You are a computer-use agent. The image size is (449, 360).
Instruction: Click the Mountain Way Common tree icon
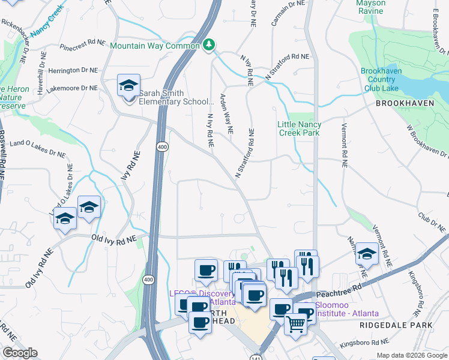[x=209, y=44]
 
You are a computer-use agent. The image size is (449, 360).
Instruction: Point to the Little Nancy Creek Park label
[x=299, y=128]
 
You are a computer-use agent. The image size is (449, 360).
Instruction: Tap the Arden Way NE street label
[x=226, y=113]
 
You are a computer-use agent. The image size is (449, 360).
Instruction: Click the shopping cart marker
[x=295, y=326]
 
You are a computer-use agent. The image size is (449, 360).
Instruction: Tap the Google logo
[x=20, y=353]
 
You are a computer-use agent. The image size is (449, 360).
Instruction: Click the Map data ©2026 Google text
[x=411, y=355]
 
